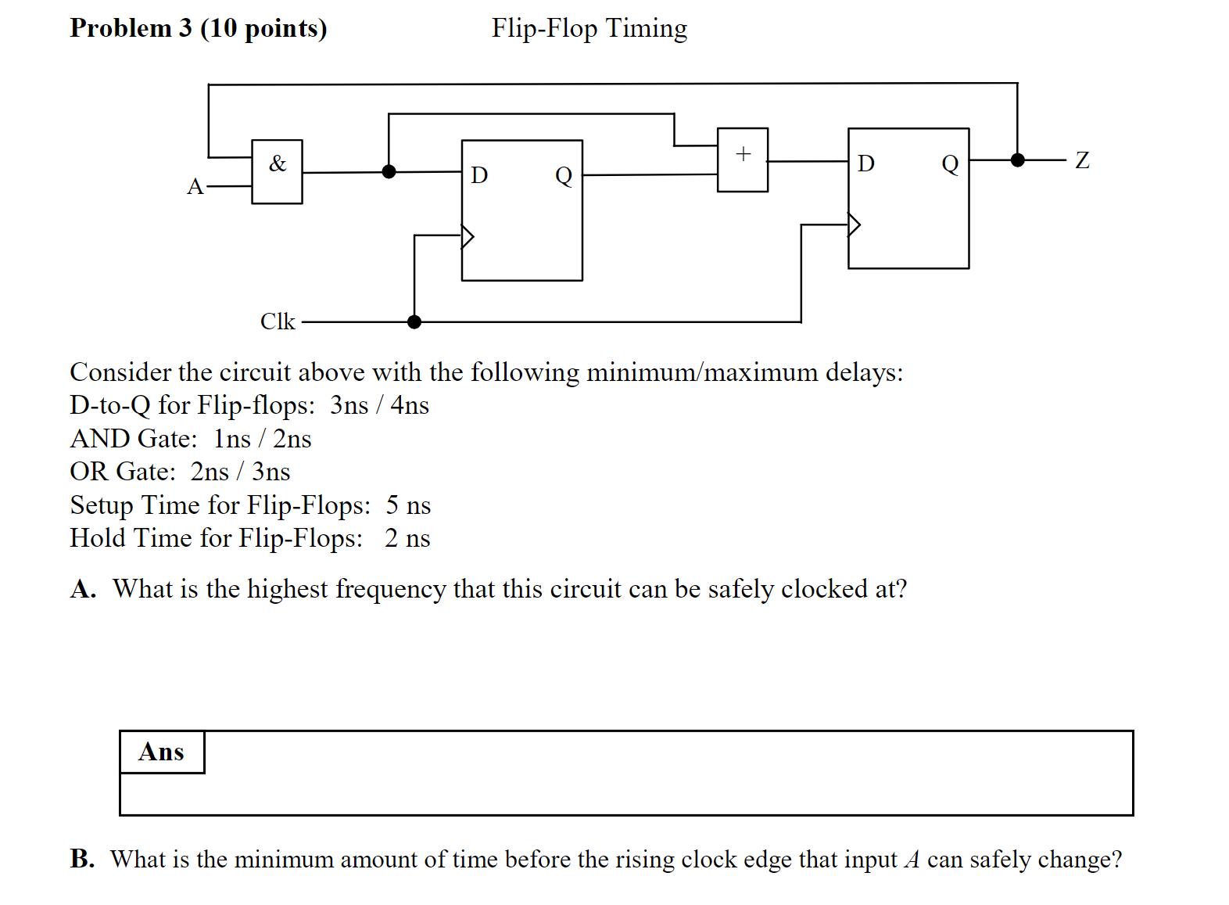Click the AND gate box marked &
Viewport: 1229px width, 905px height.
tap(277, 172)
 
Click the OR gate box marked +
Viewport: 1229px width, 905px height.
tap(743, 160)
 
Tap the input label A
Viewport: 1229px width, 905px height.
tap(195, 187)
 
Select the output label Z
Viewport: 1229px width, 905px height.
tap(1082, 160)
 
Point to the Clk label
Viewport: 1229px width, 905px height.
tap(278, 321)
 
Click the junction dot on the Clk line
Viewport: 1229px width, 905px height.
tap(414, 321)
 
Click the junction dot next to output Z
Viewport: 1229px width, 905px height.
tap(1017, 160)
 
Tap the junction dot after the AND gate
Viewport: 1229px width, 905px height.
tap(389, 171)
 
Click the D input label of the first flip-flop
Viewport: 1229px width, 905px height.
tap(479, 175)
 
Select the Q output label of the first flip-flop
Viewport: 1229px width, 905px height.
tap(564, 175)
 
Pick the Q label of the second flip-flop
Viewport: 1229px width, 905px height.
tap(950, 164)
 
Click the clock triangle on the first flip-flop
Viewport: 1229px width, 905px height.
tap(468, 235)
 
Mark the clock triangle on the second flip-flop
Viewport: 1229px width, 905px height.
tap(854, 225)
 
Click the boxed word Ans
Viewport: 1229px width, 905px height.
tap(161, 752)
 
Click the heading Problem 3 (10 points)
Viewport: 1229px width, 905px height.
tap(199, 28)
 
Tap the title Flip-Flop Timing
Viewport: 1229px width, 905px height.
tap(589, 28)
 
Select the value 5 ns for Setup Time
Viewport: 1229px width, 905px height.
tap(408, 505)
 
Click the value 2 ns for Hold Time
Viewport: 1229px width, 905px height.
tap(407, 538)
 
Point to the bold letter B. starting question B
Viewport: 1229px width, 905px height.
tap(82, 859)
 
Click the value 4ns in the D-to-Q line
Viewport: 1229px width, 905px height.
tap(410, 405)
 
